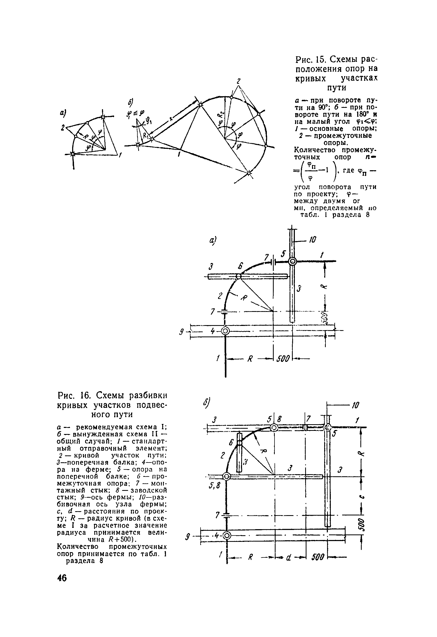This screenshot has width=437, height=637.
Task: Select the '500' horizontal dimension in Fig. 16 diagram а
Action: pyautogui.click(x=283, y=359)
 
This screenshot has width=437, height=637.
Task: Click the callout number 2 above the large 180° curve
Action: pyautogui.click(x=239, y=81)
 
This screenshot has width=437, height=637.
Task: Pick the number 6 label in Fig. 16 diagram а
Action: pyautogui.click(x=240, y=266)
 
